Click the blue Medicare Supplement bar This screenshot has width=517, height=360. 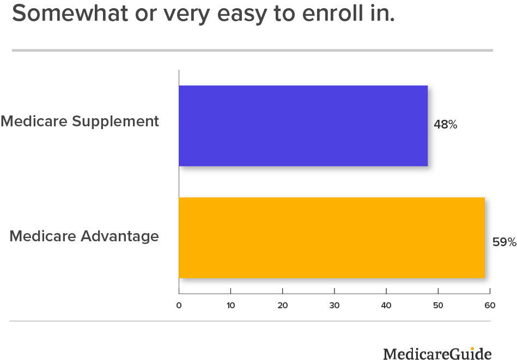(303, 126)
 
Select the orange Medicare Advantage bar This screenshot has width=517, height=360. (332, 237)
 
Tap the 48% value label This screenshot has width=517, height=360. (446, 124)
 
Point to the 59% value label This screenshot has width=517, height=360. (504, 242)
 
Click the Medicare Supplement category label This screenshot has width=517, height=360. (80, 121)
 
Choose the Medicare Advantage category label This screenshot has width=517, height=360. (84, 236)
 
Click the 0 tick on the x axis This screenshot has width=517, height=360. (179, 306)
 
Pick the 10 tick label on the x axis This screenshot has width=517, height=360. (231, 306)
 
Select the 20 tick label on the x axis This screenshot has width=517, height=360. (283, 306)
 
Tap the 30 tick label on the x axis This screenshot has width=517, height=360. (334, 306)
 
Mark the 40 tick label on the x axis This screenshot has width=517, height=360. (386, 306)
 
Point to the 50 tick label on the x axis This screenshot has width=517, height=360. (438, 306)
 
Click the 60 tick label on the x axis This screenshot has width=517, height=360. (490, 306)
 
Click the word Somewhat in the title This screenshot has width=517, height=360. (70, 13)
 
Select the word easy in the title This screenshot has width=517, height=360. (242, 15)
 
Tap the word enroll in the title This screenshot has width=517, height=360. (333, 13)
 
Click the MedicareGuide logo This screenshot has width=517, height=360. (437, 353)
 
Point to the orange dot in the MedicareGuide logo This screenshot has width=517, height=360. (472, 349)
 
